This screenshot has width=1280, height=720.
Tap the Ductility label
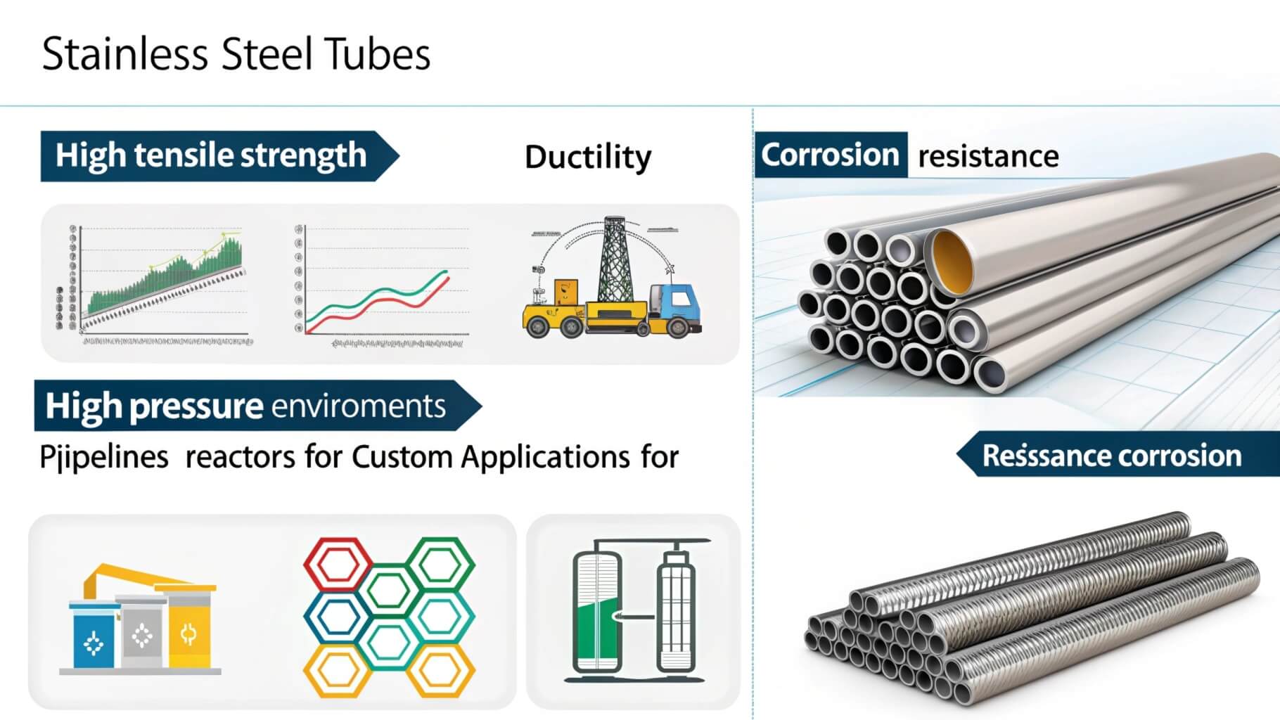pyautogui.click(x=588, y=157)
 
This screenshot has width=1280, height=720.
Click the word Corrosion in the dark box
pyautogui.click(x=830, y=155)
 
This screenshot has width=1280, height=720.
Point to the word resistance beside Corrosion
pyautogui.click(x=988, y=156)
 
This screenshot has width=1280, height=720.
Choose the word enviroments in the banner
pyautogui.click(x=358, y=406)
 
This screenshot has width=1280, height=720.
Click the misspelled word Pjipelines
pyautogui.click(x=104, y=458)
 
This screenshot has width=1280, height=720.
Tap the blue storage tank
pyautogui.click(x=93, y=636)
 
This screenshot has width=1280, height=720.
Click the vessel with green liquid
pyautogui.click(x=596, y=612)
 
